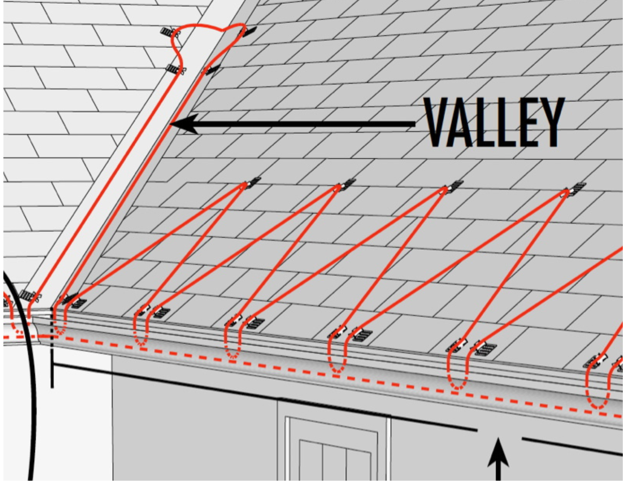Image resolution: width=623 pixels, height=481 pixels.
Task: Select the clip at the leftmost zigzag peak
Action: click(252, 183)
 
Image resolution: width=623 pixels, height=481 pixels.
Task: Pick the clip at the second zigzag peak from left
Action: click(347, 184)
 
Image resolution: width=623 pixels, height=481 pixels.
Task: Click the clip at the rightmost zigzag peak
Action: click(577, 189)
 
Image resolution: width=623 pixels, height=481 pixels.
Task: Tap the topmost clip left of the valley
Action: click(169, 32)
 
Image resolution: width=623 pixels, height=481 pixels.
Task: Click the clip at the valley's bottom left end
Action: click(29, 296)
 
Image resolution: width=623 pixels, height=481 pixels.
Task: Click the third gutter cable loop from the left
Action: click(233, 341)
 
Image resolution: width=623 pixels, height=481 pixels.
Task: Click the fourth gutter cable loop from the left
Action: click(338, 357)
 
